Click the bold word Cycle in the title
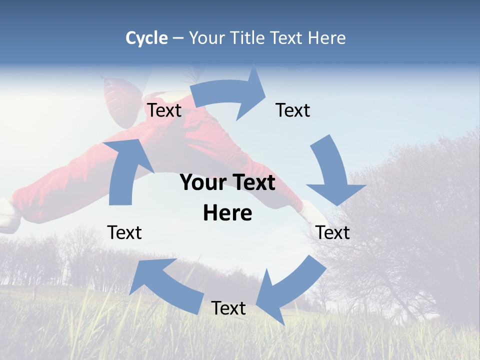click(x=146, y=38)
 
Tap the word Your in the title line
click(x=205, y=38)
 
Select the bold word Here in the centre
click(x=227, y=213)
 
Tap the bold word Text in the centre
click(x=253, y=182)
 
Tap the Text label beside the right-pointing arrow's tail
click(x=164, y=110)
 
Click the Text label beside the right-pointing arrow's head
click(x=293, y=110)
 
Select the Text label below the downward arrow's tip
click(x=333, y=232)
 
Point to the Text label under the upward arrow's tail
click(x=124, y=232)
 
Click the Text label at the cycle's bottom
click(x=228, y=308)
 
